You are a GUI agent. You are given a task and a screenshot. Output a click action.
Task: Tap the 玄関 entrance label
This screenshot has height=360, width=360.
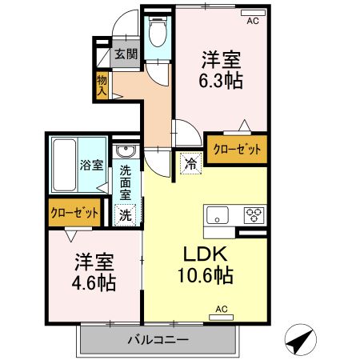(126, 54)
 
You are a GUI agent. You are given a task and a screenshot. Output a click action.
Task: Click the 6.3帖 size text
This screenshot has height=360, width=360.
(222, 80)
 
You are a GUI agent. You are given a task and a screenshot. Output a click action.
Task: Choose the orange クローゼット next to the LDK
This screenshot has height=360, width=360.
(236, 149)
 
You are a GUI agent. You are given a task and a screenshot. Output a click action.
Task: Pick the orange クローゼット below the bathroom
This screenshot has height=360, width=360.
(74, 213)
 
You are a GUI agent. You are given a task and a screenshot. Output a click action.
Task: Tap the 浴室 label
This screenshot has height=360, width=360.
(90, 166)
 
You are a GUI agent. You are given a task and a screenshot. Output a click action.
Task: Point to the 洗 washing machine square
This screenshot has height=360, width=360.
(126, 214)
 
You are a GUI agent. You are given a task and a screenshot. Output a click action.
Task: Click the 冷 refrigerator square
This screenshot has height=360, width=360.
(191, 162)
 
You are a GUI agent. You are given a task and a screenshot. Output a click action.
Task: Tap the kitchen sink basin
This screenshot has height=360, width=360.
(218, 214)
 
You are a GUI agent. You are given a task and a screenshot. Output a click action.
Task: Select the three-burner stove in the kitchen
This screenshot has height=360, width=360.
(254, 214)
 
